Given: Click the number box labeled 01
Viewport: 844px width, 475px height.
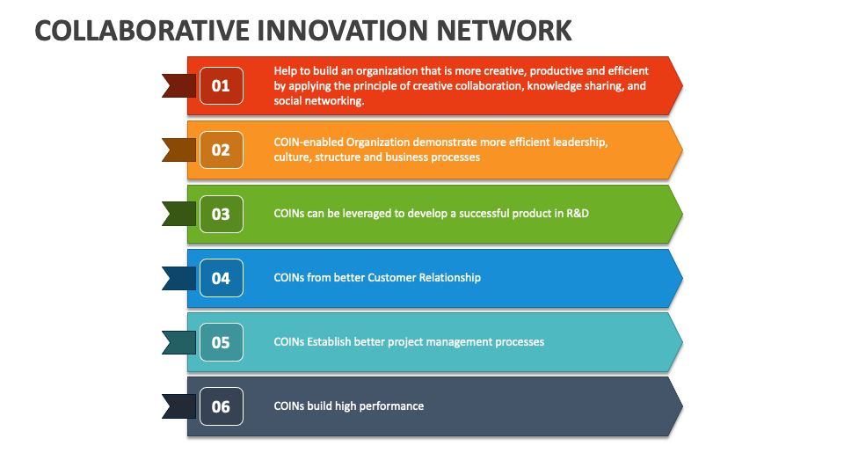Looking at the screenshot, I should click(221, 85).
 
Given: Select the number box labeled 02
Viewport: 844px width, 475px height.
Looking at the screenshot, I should click(221, 150).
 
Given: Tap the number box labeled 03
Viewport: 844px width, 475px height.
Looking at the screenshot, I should click(221, 214).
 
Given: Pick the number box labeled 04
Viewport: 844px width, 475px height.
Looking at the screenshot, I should click(221, 278).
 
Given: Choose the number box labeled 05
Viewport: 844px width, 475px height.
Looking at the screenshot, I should click(221, 342).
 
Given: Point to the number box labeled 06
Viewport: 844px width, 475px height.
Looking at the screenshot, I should click(221, 406).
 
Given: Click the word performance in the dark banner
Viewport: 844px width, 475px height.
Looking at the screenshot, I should click(388, 406).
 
